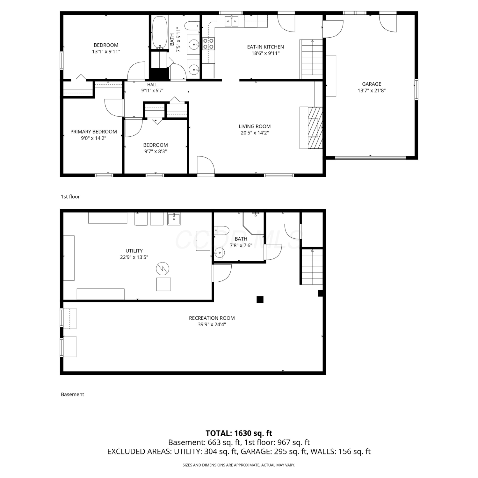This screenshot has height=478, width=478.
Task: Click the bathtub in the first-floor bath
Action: [x=160, y=32]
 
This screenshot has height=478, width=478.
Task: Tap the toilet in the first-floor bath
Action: [x=192, y=25]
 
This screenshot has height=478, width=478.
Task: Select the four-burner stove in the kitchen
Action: [x=208, y=44]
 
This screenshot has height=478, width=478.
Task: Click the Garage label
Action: [x=372, y=84]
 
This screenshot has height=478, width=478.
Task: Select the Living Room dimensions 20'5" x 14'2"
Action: [x=255, y=133]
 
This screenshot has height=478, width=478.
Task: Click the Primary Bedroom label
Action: [x=94, y=132]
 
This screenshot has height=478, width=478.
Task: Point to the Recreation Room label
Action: [x=212, y=318]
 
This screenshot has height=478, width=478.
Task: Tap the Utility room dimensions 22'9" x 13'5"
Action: [x=134, y=257]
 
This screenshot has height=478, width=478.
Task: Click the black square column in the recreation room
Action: [x=260, y=300]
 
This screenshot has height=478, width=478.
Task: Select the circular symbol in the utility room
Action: [x=163, y=269]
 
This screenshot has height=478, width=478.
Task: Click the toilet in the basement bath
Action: [x=222, y=230]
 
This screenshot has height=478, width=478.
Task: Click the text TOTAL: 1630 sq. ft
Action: [x=239, y=433]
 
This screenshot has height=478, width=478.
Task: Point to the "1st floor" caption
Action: [x=70, y=197]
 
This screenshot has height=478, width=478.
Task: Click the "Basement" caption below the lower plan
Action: [x=72, y=394]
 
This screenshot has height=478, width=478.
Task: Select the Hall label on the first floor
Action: [x=152, y=85]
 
